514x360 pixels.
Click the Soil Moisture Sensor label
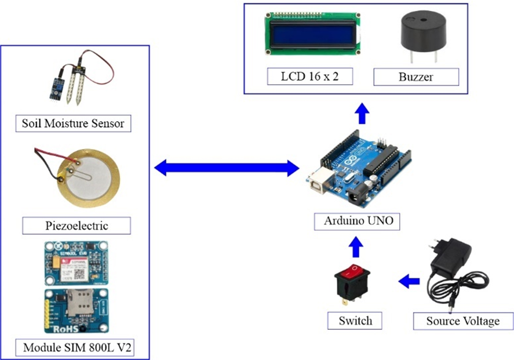pos(73,123)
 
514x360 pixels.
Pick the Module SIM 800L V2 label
pos(76,348)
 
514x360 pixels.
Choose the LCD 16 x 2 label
pos(309,77)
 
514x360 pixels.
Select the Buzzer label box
pos(416,77)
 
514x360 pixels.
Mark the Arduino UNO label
pos(357,221)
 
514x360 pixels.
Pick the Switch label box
pos(356,321)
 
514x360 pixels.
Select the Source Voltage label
pos(462,321)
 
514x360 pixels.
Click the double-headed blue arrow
pos(227,169)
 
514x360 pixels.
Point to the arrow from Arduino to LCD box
pos(362,113)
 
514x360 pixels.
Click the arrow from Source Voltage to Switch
pos(410,281)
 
